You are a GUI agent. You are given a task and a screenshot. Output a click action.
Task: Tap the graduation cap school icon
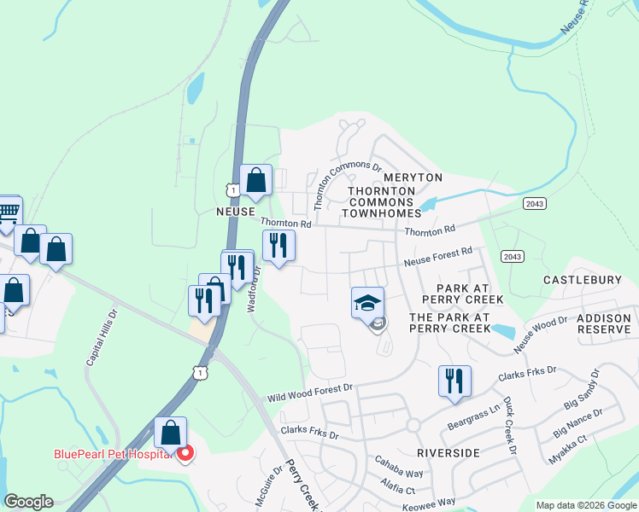pos(367,303)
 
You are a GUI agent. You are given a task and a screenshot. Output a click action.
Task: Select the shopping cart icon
pos(8,211)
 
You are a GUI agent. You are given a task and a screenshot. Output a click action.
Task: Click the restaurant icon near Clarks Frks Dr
pos(454,380)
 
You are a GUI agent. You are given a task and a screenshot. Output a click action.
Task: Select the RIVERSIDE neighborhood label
pos(448,453)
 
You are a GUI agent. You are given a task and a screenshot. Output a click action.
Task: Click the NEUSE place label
pos(236,211)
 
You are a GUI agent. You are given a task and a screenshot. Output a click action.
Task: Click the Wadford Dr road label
pos(253,290)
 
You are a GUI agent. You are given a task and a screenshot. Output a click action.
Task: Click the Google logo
pos(28,502)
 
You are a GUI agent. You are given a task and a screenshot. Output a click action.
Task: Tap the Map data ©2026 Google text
pos(585,505)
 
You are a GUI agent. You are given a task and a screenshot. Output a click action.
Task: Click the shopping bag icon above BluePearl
pos(171,433)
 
